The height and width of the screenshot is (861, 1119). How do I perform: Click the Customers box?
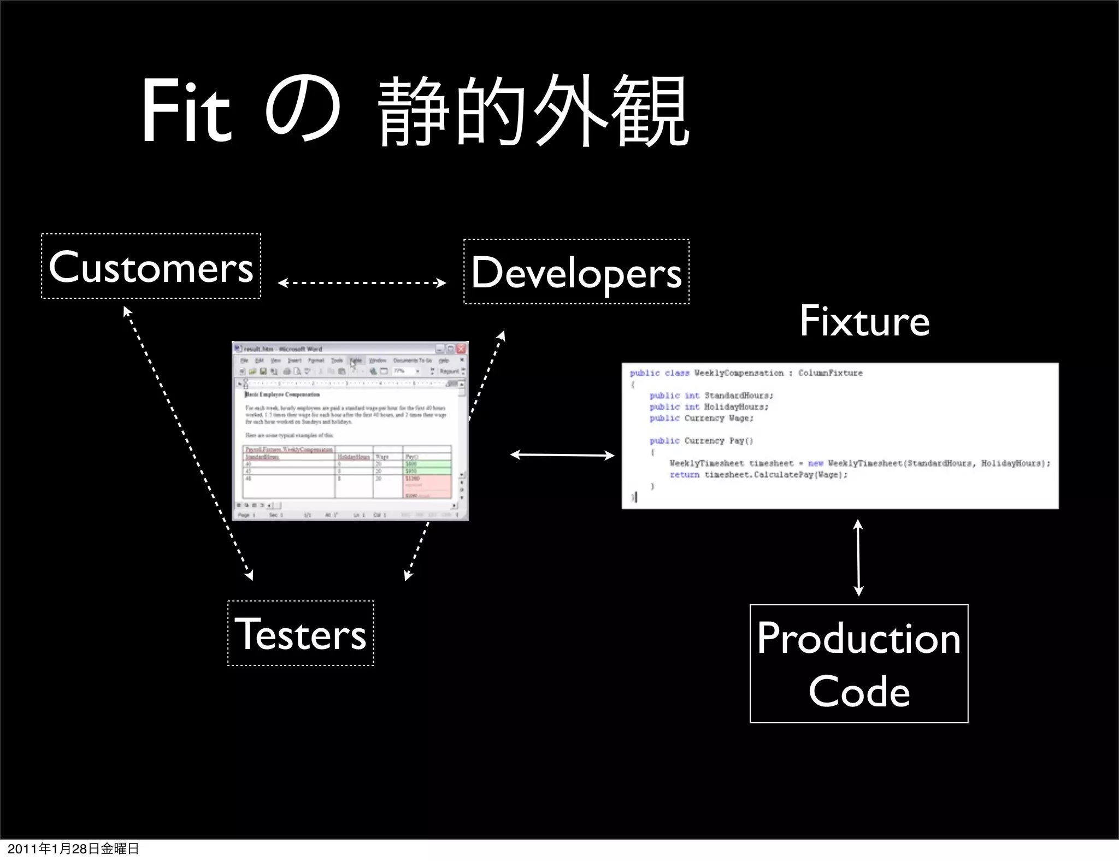pyautogui.click(x=151, y=267)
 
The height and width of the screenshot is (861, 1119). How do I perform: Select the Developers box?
pyautogui.click(x=576, y=272)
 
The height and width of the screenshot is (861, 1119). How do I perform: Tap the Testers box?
pyautogui.click(x=301, y=634)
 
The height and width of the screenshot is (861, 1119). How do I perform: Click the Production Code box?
pyautogui.click(x=859, y=664)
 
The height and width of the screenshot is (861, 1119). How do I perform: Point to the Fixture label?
pyautogui.click(x=864, y=321)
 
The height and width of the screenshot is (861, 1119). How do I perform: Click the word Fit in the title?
pyautogui.click(x=186, y=111)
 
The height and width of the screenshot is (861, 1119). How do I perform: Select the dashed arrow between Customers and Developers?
pyautogui.click(x=362, y=283)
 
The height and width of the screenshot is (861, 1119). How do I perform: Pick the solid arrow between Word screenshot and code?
pyautogui.click(x=562, y=455)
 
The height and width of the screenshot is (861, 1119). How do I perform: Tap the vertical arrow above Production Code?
pyautogui.click(x=858, y=557)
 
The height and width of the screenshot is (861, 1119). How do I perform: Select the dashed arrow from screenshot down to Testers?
pyautogui.click(x=417, y=551)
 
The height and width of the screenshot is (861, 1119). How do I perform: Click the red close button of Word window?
pyautogui.click(x=461, y=349)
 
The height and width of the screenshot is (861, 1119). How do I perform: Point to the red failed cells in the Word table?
pyautogui.click(x=428, y=486)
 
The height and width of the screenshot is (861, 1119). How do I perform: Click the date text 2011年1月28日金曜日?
pyautogui.click(x=73, y=849)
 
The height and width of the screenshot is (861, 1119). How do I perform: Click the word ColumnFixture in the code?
pyautogui.click(x=830, y=373)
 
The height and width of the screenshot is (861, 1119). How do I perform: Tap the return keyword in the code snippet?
pyautogui.click(x=684, y=475)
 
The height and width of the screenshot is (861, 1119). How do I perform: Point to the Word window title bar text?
pyautogui.click(x=282, y=349)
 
